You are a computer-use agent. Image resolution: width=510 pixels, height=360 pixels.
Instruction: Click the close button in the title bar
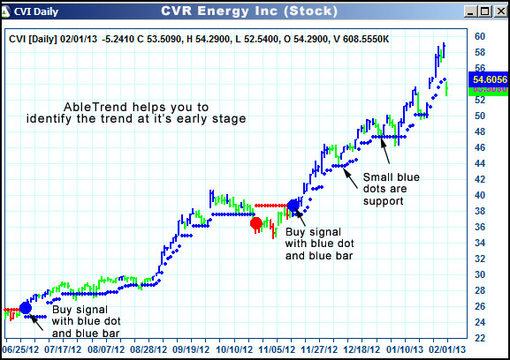coord(498,12)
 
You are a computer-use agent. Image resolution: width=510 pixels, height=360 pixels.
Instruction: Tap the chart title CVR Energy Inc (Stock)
coord(247,11)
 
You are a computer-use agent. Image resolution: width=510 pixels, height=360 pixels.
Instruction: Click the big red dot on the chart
coord(256,224)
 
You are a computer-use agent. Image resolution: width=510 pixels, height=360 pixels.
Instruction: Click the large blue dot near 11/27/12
coord(293,206)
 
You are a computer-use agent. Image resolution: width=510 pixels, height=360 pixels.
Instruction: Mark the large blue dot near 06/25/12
coord(25,308)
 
